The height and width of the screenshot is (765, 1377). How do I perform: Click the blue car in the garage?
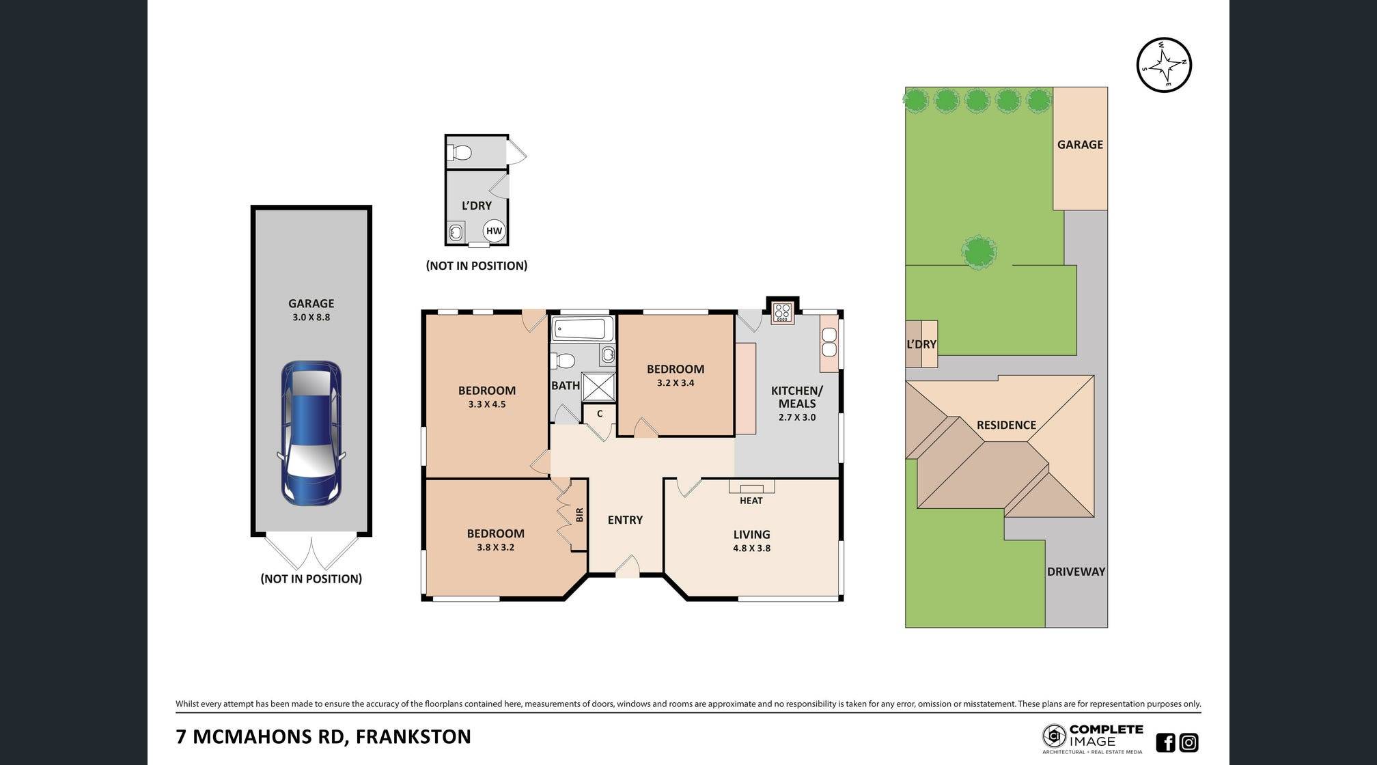coord(311,433)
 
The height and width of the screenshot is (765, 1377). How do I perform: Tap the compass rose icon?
coord(1164,65)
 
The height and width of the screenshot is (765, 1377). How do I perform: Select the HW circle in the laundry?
coord(494,231)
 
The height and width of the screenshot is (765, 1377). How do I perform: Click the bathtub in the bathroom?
coord(582,329)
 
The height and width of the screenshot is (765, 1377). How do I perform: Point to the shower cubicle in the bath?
coord(599,387)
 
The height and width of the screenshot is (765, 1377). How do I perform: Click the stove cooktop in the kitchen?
coord(783,313)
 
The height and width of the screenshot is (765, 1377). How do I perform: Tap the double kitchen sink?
coord(829,342)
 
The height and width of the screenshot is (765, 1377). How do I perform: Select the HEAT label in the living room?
coord(751,501)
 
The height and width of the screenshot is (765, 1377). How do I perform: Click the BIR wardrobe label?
coord(579,514)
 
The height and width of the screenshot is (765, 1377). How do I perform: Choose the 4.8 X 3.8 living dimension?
coord(751,548)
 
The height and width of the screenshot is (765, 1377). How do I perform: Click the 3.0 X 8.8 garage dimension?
coord(311,317)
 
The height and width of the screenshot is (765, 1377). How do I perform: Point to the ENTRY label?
coord(625,520)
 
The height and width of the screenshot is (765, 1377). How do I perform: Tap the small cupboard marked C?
coord(600,414)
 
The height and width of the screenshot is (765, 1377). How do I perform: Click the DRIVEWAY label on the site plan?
coord(1076,572)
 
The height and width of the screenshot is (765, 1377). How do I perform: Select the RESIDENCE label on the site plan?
coord(1006,425)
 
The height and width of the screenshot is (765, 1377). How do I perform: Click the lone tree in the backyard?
coord(979,251)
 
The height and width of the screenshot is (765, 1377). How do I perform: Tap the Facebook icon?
coord(1165,742)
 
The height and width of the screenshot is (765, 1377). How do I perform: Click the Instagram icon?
coord(1189,742)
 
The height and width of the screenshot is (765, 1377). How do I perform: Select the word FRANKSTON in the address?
coord(413,737)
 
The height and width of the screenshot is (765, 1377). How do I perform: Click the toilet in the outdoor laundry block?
coord(460,153)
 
